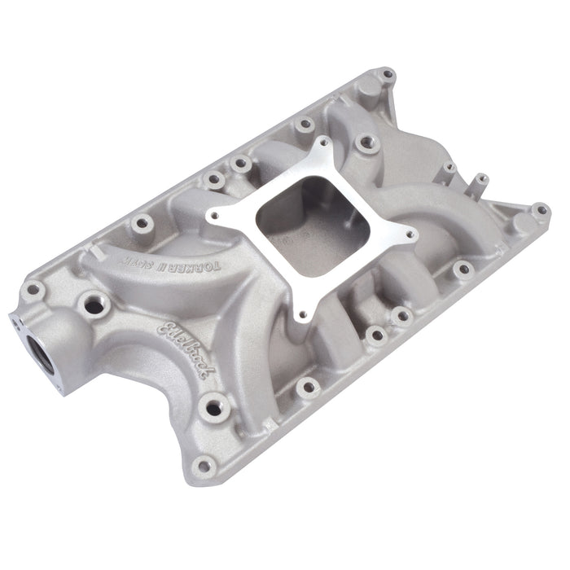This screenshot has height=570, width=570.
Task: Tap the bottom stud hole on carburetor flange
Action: coord(301,310)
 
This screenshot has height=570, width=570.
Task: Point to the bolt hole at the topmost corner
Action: coord(388,75)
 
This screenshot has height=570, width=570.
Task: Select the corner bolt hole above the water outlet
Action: coord(34,288)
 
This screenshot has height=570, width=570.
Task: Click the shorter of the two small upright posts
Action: coord(448,169)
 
